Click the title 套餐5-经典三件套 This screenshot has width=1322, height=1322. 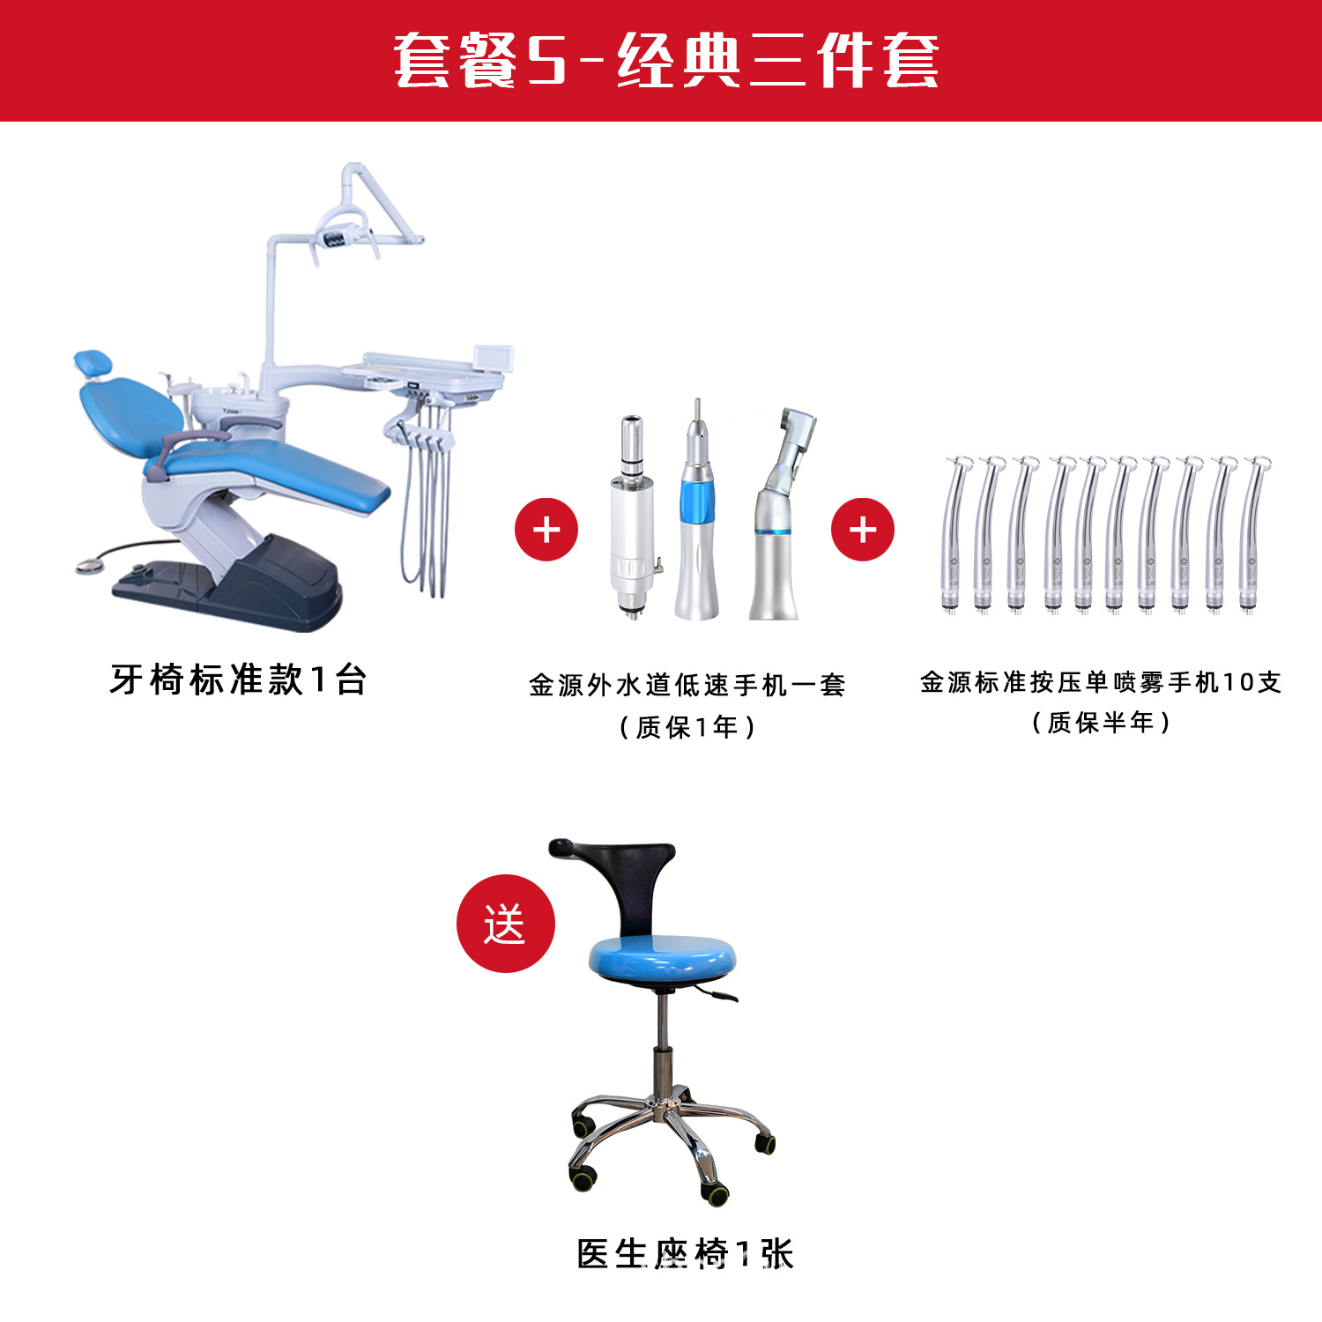[665, 60]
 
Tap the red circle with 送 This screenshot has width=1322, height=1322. [505, 924]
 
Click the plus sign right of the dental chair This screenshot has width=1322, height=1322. [546, 530]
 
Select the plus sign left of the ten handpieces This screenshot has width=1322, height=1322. [863, 530]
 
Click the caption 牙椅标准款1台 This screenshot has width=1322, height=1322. [238, 680]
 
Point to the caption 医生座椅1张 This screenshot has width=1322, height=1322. [685, 1253]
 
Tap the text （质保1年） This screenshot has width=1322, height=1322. [687, 727]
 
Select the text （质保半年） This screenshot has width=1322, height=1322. [1100, 723]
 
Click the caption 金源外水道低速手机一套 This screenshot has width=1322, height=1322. [687, 685]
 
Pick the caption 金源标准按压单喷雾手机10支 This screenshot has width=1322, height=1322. [1100, 681]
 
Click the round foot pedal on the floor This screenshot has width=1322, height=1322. [89, 566]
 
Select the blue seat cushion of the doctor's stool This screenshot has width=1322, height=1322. [661, 959]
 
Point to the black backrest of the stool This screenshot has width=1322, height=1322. [626, 877]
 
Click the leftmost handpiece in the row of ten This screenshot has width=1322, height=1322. [954, 534]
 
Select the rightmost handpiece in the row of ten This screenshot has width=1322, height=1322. [1251, 534]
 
